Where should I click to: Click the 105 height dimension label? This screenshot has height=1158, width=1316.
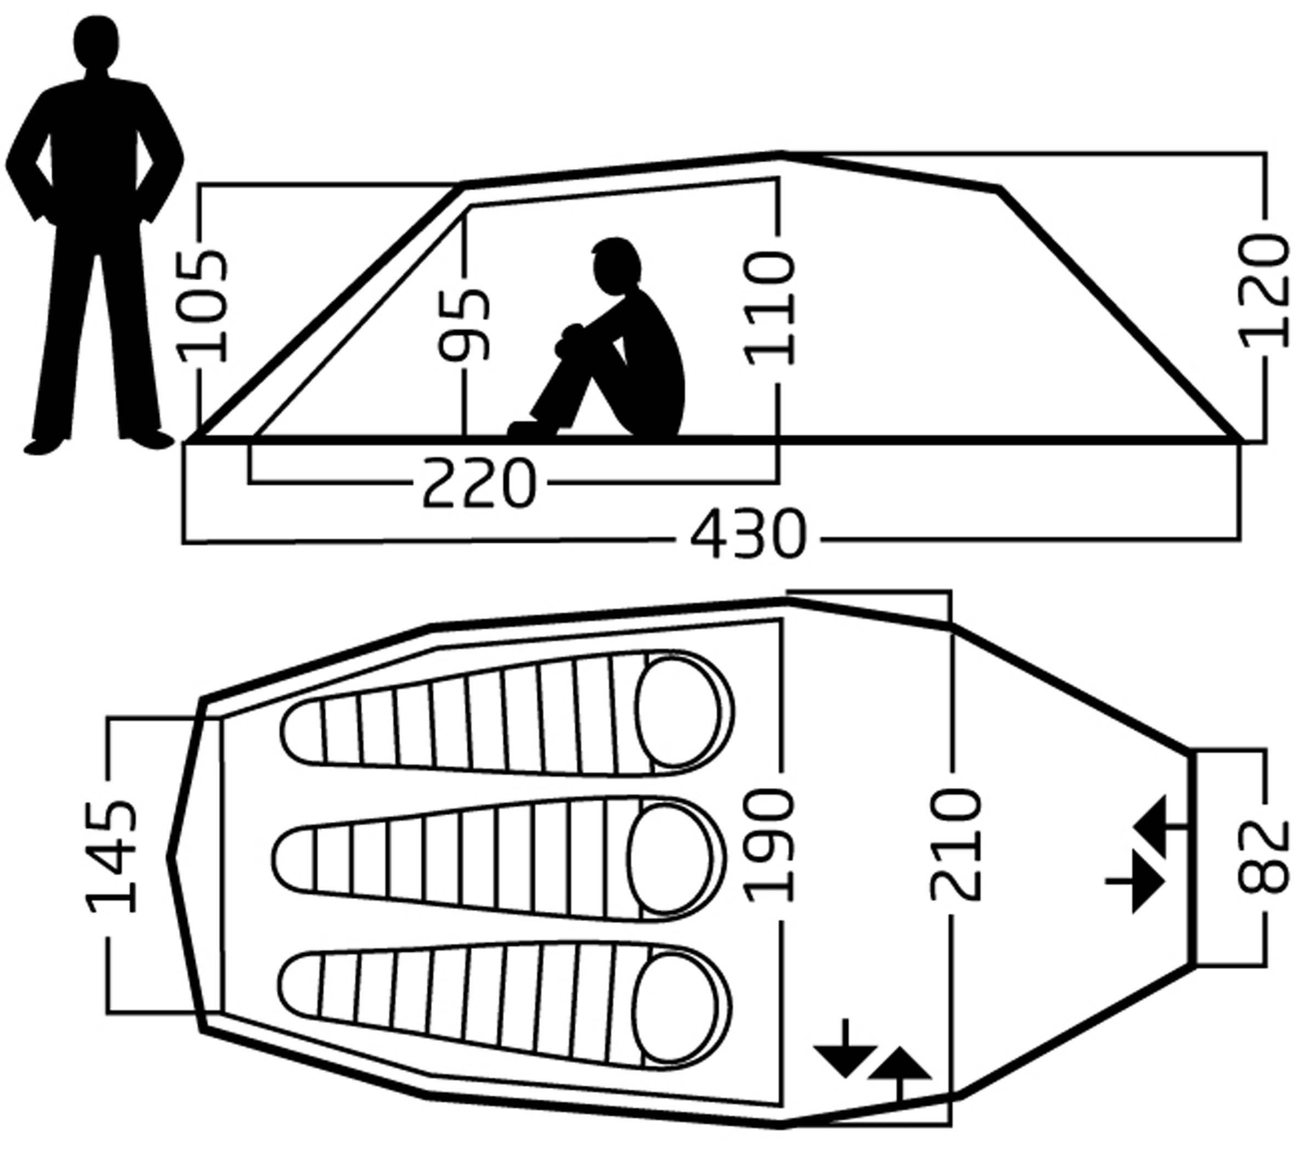[x=203, y=306]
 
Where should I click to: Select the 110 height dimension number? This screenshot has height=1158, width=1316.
[x=769, y=310]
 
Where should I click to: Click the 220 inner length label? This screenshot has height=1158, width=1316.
[x=479, y=483]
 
